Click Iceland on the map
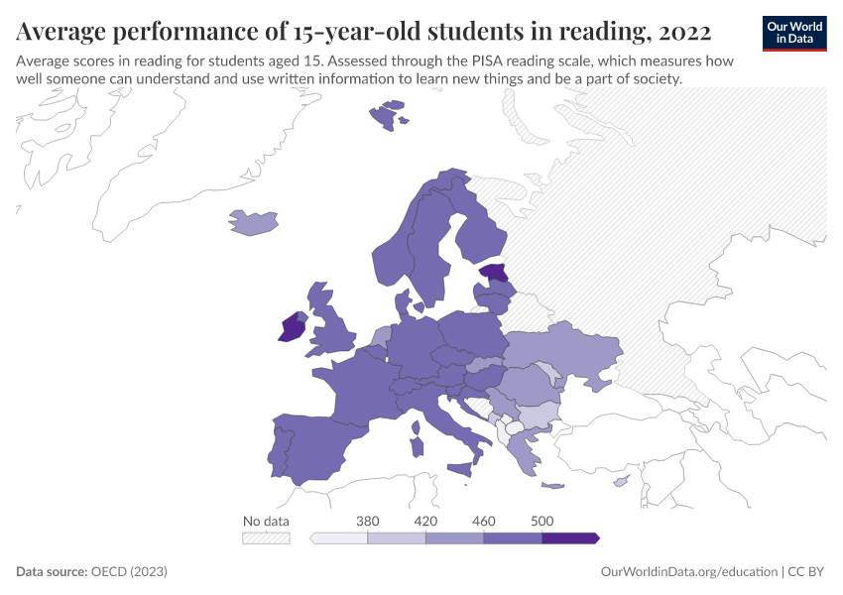(x=252, y=222)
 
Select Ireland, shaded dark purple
(x=292, y=328)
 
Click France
(x=357, y=387)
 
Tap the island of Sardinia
(x=417, y=439)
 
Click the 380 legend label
(x=368, y=521)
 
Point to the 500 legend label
(x=542, y=521)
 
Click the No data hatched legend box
(x=266, y=537)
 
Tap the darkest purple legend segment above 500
(x=569, y=537)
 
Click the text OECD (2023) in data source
(x=129, y=572)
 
